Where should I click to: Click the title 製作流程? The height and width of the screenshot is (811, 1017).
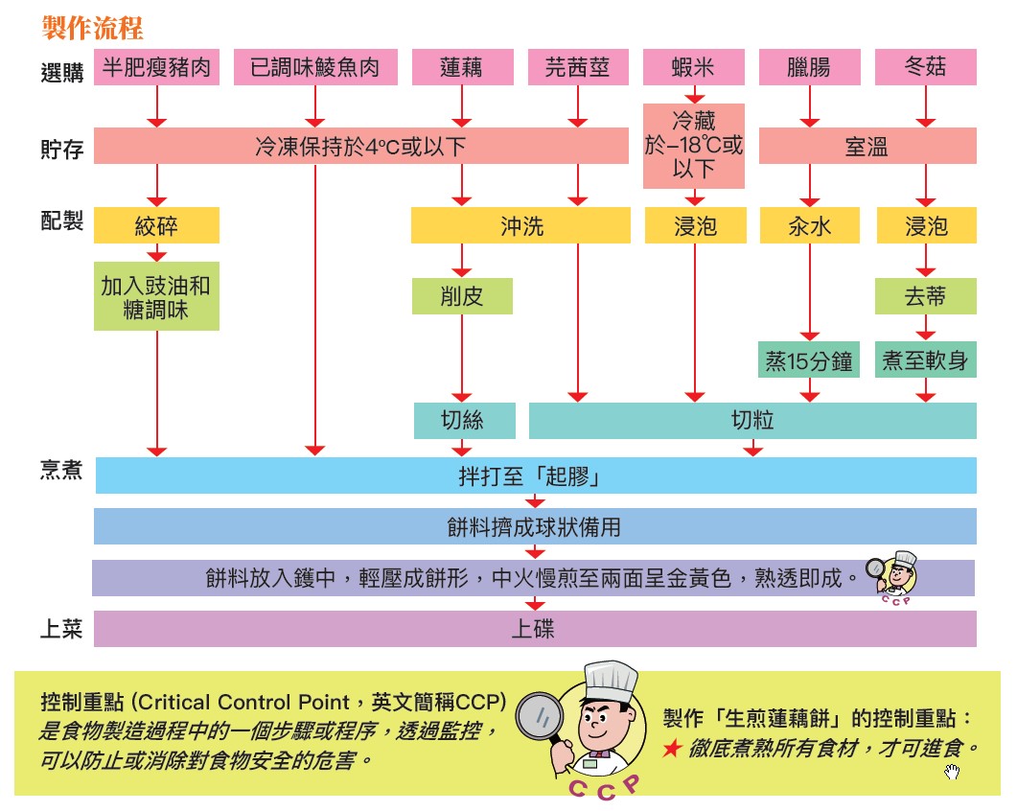(x=93, y=27)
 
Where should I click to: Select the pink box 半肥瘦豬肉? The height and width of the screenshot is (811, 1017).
(x=156, y=68)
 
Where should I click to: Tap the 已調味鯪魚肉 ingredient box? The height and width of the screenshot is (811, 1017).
(x=314, y=68)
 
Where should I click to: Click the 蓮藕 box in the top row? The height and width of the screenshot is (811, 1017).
(x=461, y=68)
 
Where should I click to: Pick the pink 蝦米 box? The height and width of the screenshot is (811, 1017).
(x=693, y=68)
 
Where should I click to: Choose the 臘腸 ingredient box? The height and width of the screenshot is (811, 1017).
(x=808, y=68)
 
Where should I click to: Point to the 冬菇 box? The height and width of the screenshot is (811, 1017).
(x=925, y=68)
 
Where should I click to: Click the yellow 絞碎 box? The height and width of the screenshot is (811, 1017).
(x=156, y=226)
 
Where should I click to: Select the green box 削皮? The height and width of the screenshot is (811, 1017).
(x=461, y=296)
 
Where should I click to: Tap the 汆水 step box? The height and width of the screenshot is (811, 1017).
(x=808, y=226)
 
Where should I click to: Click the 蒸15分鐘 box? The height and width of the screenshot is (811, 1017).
(x=808, y=361)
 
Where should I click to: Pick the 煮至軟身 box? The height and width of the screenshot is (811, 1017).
(x=925, y=361)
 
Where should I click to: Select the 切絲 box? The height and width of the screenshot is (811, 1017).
(x=464, y=420)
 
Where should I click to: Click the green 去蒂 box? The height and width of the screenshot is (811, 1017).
(x=925, y=296)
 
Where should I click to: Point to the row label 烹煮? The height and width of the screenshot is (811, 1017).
(x=62, y=471)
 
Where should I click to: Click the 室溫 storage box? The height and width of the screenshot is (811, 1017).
(x=866, y=146)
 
